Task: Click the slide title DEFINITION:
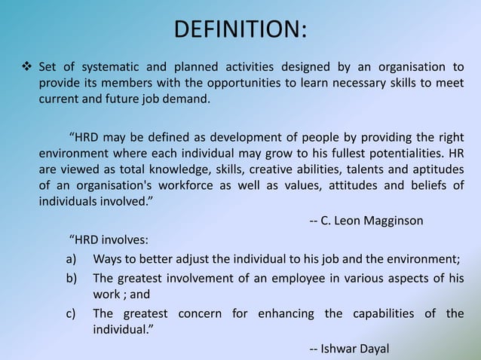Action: point(240,30)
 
